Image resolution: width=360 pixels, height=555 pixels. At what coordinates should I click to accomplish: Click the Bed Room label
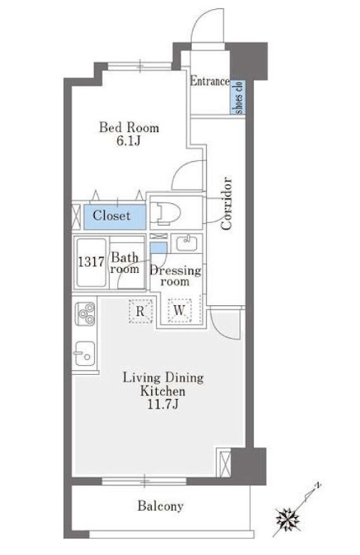pos(129,127)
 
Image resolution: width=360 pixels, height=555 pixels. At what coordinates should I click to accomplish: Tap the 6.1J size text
pos(129,141)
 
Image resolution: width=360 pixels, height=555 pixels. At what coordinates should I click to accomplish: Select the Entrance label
pos(210,81)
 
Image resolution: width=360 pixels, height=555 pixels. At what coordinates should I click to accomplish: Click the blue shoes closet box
pos(238,97)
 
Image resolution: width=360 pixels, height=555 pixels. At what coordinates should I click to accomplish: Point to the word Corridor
pos(226,204)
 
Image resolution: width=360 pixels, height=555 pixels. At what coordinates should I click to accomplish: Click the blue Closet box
pos(115,216)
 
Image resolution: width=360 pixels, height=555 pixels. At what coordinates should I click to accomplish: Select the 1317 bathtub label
pos(91,262)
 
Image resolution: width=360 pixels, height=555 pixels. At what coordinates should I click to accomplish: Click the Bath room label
pos(124,263)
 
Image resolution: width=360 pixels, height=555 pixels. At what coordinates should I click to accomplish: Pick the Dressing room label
pos(175,276)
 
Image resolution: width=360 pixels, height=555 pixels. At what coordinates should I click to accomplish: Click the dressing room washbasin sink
pos(187,243)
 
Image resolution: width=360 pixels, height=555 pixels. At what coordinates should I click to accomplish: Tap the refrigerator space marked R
pos(141,311)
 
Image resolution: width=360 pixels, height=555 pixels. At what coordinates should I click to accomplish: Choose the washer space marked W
pos(179,310)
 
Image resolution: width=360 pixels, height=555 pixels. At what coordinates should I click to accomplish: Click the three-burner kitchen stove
pos(84,314)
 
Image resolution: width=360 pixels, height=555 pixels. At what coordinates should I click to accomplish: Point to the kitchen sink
pos(84,353)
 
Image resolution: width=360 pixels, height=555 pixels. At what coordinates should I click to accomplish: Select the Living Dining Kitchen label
pos(163,384)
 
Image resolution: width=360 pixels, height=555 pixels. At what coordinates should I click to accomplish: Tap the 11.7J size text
pos(162,404)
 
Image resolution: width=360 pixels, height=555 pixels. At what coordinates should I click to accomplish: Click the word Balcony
pos(160,506)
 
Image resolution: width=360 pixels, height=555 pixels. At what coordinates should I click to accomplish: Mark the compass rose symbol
pos(288,520)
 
